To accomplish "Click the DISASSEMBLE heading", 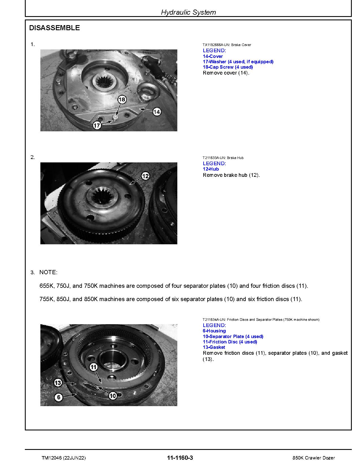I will pyautogui.click(x=54, y=28).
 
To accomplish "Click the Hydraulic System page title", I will pyautogui.click(x=188, y=12).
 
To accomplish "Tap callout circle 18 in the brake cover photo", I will pyautogui.click(x=122, y=99).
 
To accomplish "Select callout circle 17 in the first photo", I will pyautogui.click(x=97, y=125).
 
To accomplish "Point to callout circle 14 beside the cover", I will pyautogui.click(x=157, y=112).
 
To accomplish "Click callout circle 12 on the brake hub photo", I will pyautogui.click(x=145, y=176).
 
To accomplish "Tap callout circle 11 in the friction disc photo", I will pyautogui.click(x=93, y=367).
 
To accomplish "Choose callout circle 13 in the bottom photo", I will pyautogui.click(x=58, y=383).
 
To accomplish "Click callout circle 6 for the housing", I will pyautogui.click(x=58, y=397).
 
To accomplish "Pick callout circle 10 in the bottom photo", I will pyautogui.click(x=113, y=396).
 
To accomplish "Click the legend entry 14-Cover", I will pyautogui.click(x=213, y=56).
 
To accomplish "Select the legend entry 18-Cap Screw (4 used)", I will pyautogui.click(x=228, y=67).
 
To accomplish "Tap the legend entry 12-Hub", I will pyautogui.click(x=211, y=169).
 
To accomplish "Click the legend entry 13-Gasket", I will pyautogui.click(x=214, y=347).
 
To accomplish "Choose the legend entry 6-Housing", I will pyautogui.click(x=214, y=331).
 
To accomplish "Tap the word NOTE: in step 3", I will pyautogui.click(x=48, y=272).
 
